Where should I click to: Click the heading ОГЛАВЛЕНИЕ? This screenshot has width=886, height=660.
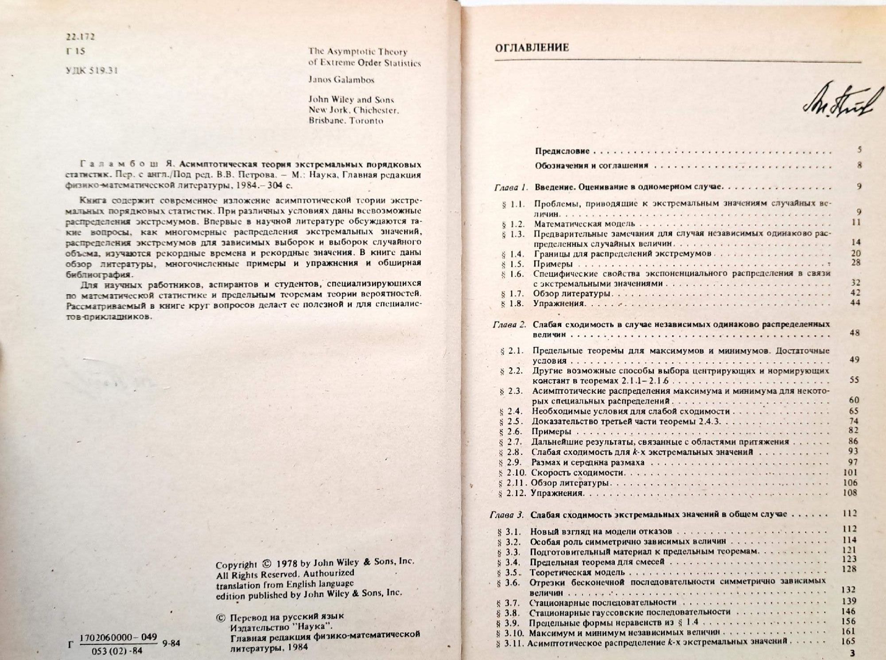point(531,48)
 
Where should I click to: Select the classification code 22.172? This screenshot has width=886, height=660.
point(80,37)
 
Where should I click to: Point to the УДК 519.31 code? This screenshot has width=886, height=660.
point(92,70)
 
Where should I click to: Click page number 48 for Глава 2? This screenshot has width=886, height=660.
point(855,333)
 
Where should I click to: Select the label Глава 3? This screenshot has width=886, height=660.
point(507,515)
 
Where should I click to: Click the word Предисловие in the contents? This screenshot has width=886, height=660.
point(562,151)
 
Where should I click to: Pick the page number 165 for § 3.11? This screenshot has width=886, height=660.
point(848,641)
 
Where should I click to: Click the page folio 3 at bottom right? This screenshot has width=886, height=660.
point(848,653)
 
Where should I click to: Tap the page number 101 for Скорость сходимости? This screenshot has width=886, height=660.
point(850,472)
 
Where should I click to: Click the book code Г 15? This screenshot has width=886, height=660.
point(75,51)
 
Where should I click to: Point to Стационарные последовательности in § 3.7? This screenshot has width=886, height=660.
point(603,602)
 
